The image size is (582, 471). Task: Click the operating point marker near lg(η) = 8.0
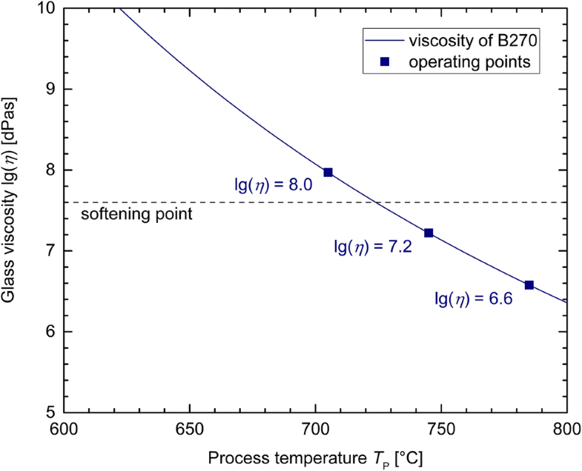(x=328, y=173)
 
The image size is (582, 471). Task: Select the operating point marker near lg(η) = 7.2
(x=429, y=233)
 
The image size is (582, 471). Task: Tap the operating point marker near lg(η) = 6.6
(x=529, y=285)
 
